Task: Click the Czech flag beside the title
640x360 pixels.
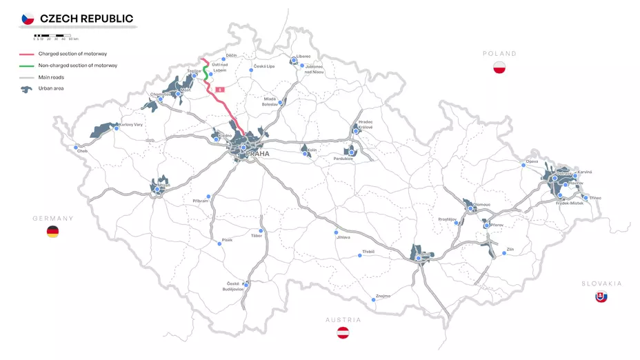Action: (28, 19)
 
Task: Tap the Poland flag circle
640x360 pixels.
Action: (500, 68)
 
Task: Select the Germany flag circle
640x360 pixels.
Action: (52, 232)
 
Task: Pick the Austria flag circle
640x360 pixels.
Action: (343, 333)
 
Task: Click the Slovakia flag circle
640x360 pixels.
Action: (601, 297)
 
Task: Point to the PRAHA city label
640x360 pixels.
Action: (257, 154)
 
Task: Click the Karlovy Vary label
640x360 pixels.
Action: (130, 125)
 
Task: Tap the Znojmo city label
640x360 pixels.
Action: (383, 296)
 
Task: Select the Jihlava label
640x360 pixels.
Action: (343, 237)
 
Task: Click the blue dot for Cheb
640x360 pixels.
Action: (76, 147)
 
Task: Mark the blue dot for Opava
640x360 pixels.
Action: (523, 165)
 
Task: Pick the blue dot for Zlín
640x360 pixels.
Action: (504, 253)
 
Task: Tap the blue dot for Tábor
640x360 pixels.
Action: (261, 230)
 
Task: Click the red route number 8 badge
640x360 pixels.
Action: (220, 90)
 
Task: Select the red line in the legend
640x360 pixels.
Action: (27, 54)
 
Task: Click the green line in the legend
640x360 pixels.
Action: (27, 66)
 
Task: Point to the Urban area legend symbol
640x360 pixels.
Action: (27, 89)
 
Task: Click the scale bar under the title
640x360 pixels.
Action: (52, 35)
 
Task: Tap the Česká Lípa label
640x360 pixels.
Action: (263, 66)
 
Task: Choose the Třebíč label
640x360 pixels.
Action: (368, 252)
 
